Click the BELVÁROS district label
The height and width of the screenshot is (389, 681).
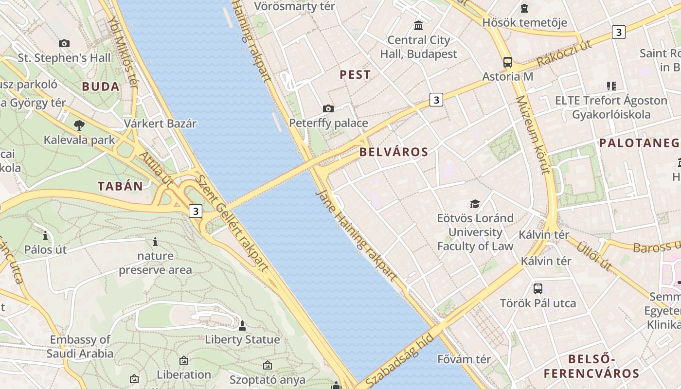pos(394,152)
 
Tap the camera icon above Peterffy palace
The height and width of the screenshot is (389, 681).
pos(328,108)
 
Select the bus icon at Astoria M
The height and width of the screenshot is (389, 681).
pos(508,62)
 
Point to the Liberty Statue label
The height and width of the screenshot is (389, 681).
pos(242,339)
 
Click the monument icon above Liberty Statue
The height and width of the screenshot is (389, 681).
pos(242,325)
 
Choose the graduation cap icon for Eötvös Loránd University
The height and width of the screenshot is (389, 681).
pos(475,204)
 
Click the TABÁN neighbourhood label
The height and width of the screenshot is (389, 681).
pos(121,186)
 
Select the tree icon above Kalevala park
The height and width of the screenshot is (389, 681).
pos(79,125)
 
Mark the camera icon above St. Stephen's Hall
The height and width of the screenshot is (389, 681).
pos(64,44)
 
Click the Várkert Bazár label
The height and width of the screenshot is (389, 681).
pos(160,124)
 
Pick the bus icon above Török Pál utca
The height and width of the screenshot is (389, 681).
pos(538,288)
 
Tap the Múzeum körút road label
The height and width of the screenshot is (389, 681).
pos(533,135)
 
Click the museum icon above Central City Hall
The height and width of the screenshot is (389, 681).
pos(418,25)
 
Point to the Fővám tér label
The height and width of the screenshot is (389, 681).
pos(464,359)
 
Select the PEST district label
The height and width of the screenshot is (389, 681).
pos(355,75)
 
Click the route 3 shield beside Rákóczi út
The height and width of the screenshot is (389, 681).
pos(618,33)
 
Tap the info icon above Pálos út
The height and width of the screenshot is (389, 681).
pos(45,236)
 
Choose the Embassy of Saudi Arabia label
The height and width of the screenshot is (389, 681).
pos(80,346)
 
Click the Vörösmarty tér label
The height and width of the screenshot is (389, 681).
pos(295,6)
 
